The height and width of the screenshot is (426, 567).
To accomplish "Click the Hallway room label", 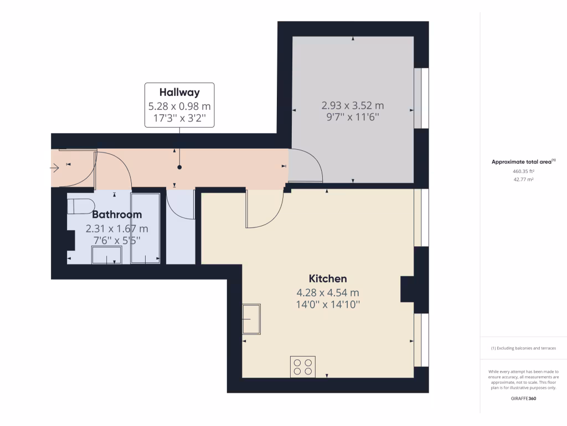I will click(x=179, y=92).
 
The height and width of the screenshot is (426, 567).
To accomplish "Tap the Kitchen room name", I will click(x=328, y=278).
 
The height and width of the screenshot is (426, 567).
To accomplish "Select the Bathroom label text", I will click(x=117, y=215).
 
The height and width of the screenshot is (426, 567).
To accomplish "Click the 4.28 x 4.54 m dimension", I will click(x=328, y=292).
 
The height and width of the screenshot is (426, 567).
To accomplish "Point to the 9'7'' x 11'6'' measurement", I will click(x=353, y=117).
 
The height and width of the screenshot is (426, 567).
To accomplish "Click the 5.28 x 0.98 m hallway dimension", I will click(x=179, y=105).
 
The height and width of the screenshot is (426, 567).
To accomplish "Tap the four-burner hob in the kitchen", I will click(x=303, y=367).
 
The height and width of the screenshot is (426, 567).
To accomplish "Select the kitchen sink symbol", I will click(x=251, y=319).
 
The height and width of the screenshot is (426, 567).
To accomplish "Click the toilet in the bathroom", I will click(x=79, y=206).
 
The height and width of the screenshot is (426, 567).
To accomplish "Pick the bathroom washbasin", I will click(x=106, y=255).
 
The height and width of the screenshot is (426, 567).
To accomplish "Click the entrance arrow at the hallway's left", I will click(x=55, y=168).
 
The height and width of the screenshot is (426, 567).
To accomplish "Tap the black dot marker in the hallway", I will click(x=179, y=167).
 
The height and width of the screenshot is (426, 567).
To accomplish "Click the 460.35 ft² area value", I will click(x=523, y=172).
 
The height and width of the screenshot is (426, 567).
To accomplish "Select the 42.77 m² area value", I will click(x=523, y=180).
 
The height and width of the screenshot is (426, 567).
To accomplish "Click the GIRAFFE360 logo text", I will click(x=523, y=399).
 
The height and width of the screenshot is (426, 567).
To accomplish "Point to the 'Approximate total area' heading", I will click(x=523, y=162).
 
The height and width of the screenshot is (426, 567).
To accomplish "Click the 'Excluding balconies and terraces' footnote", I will click(x=523, y=348).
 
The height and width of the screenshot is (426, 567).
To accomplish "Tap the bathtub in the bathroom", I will click(x=145, y=228).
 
